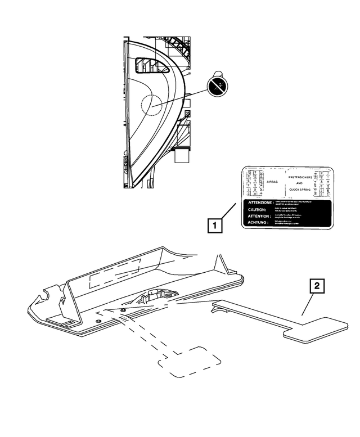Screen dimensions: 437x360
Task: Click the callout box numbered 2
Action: [317, 286]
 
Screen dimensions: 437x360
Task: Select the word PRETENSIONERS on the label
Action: [300, 177]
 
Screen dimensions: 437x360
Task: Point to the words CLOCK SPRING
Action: [300, 190]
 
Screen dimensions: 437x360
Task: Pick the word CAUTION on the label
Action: [253, 209]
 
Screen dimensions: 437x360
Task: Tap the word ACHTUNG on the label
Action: [254, 222]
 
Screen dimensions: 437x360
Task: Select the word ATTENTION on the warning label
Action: [255, 216]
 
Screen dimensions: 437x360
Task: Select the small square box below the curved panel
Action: [183, 155]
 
